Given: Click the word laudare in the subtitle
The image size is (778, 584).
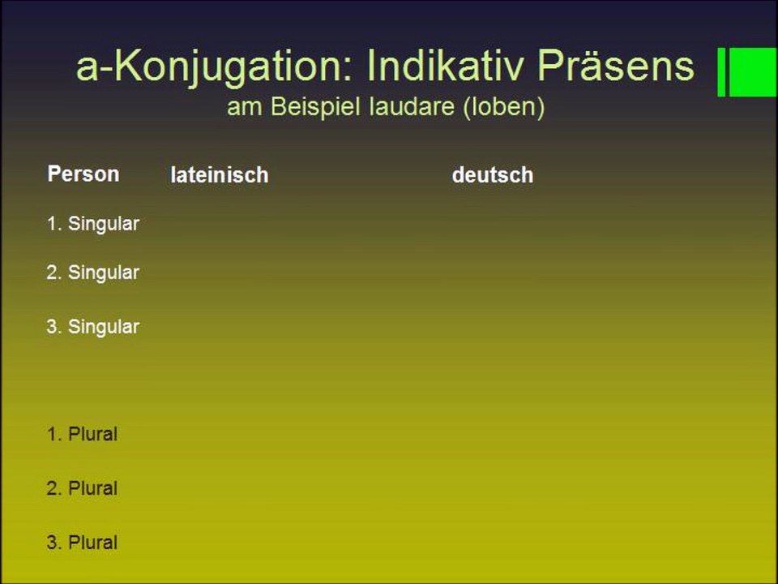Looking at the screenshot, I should point(412,108).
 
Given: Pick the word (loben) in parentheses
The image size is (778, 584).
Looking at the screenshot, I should point(503,108).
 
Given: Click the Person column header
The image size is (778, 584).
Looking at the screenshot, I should point(83,174).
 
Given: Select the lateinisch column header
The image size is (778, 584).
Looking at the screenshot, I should point(219,175).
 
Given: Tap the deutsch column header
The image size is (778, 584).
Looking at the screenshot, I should point(492,175).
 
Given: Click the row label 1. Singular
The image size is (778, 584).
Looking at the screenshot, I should point(93,224).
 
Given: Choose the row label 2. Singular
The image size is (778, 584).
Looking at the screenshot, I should point(93,273).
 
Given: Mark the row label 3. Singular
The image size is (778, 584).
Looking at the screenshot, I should point(93,327).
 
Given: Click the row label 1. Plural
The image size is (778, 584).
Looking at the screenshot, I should point(83,434).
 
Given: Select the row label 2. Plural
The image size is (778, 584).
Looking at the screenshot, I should point(83,488).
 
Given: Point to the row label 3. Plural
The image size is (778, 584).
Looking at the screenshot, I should point(83,543).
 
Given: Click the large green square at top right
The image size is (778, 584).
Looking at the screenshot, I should point(754,71).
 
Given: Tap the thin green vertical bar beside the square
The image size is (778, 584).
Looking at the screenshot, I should point(721,71).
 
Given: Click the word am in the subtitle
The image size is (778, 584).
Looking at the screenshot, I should point(241,108).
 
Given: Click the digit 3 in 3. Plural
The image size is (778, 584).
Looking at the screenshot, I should point(52,543).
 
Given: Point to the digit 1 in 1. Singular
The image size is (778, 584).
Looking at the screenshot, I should point(52,224).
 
